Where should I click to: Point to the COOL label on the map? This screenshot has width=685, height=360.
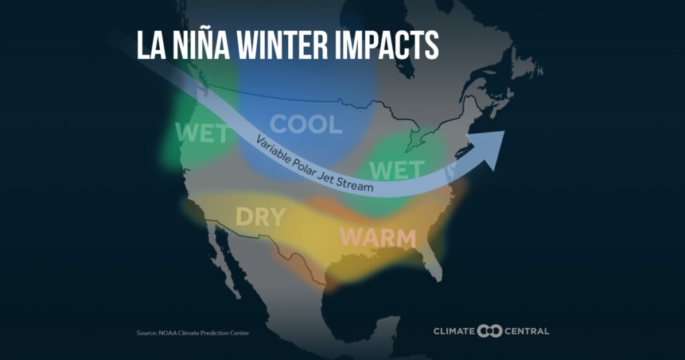pos(306,124)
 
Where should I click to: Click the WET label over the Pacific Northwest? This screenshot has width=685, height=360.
pos(201,134)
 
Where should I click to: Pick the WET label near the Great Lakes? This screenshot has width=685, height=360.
pos(397,170)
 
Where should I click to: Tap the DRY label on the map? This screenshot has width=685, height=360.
pos(260,217)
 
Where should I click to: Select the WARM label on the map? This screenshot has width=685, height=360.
pos(377,238)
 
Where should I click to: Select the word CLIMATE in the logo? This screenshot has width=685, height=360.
pos(454,331)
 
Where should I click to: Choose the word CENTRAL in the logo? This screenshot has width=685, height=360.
pos(526,331)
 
